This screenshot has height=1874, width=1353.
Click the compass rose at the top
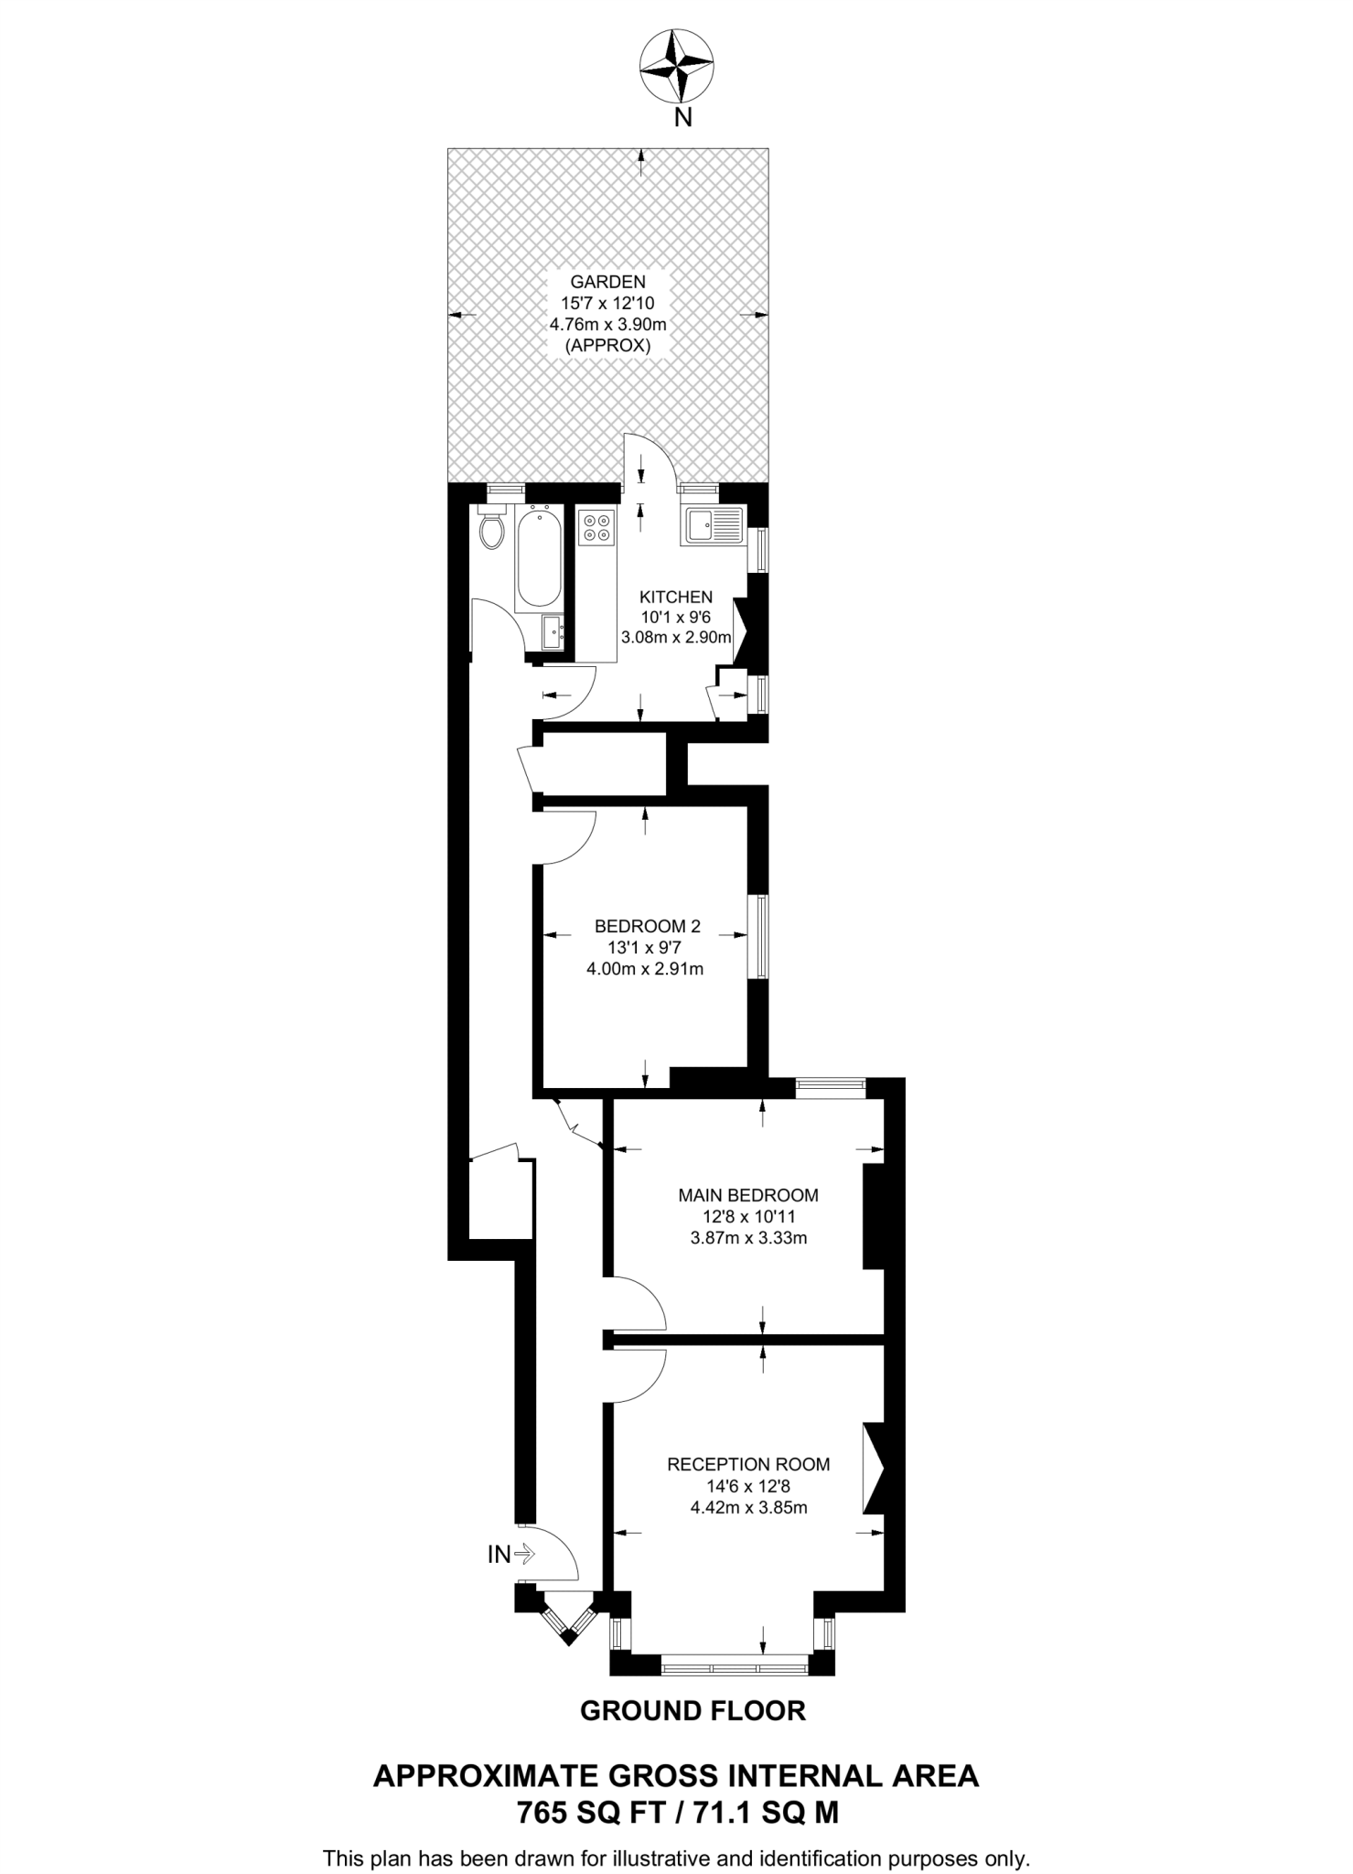pyautogui.click(x=676, y=66)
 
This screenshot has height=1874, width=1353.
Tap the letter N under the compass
pyautogui.click(x=682, y=117)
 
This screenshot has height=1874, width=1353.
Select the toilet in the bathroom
pyautogui.click(x=492, y=528)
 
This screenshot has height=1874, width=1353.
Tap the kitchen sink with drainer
pyautogui.click(x=714, y=526)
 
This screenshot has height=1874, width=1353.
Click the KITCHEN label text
pyautogui.click(x=676, y=597)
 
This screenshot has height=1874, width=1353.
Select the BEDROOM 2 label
pyautogui.click(x=647, y=926)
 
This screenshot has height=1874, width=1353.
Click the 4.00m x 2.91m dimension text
pyautogui.click(x=645, y=969)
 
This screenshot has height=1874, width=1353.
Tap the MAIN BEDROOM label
pyautogui.click(x=747, y=1195)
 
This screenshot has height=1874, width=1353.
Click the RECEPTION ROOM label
pyautogui.click(x=748, y=1464)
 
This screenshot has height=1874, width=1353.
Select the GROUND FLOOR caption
pyautogui.click(x=693, y=1710)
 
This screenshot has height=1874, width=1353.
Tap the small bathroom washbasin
pyautogui.click(x=552, y=631)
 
